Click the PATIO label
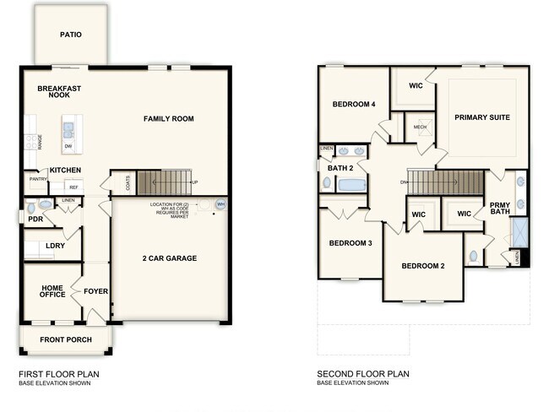(x=70, y=35)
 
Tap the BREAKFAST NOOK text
(x=58, y=91)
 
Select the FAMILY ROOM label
(x=168, y=119)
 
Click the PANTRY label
(x=38, y=179)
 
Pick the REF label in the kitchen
(x=73, y=187)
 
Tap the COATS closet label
(x=128, y=182)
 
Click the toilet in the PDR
(x=31, y=205)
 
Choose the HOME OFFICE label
(x=52, y=291)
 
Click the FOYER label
(x=95, y=291)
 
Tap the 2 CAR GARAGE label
(x=169, y=257)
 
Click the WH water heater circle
(x=220, y=204)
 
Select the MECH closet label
(x=420, y=127)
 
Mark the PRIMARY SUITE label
(x=482, y=117)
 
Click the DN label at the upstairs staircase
(x=404, y=182)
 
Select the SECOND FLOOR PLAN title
(x=356, y=374)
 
